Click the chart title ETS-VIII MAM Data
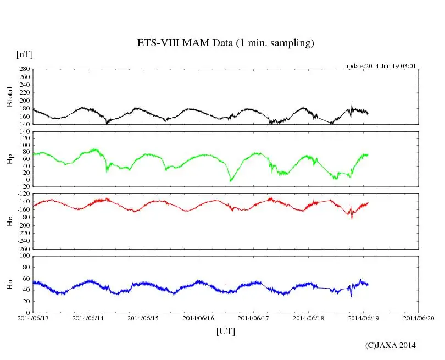[225, 43]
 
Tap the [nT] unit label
[25, 54]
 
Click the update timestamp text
[380, 66]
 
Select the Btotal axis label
[9, 97]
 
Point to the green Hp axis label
[9, 159]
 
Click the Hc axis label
[9, 221]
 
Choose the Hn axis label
[9, 284]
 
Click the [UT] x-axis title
[225, 331]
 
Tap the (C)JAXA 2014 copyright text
[390, 345]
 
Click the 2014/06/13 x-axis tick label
[32, 318]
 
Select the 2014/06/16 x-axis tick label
[198, 318]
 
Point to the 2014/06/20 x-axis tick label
[419, 318]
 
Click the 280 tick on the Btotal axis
[24, 69]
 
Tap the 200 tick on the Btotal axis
[24, 101]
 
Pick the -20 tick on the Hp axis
[24, 187]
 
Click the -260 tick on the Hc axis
[22, 249]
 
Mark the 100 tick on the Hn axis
[24, 256]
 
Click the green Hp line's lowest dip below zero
[231, 181]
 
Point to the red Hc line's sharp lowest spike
[352, 219]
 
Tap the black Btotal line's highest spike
[352, 103]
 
